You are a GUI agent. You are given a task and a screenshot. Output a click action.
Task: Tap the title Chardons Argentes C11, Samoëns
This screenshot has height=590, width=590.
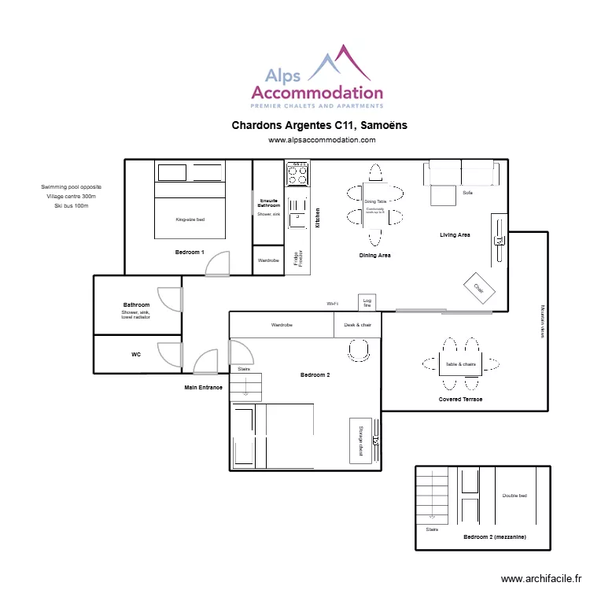click(319, 125)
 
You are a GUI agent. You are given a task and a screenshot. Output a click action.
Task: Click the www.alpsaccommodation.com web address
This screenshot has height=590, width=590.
click(322, 140)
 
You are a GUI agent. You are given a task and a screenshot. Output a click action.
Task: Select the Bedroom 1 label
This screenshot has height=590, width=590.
click(190, 253)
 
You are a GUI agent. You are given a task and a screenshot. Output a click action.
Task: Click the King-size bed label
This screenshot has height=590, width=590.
click(190, 219)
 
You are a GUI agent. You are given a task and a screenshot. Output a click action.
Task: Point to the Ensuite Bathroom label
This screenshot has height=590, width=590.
click(268, 203)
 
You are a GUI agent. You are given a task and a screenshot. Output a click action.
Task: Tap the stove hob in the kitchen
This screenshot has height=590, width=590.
click(297, 172)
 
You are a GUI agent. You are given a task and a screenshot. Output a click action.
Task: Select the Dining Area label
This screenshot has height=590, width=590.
click(375, 256)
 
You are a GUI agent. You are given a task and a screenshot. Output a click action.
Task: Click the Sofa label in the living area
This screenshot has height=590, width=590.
click(467, 193)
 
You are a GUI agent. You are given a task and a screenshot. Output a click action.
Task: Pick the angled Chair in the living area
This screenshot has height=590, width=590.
click(478, 289)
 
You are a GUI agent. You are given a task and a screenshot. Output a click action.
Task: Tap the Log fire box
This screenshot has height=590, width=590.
click(367, 302)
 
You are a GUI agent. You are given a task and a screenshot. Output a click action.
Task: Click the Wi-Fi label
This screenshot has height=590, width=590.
click(333, 304)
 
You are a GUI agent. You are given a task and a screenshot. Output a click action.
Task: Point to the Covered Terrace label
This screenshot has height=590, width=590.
click(460, 400)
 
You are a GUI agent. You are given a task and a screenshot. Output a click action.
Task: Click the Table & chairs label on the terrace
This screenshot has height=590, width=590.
click(461, 364)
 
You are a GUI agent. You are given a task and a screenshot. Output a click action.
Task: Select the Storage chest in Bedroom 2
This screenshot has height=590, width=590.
click(360, 440)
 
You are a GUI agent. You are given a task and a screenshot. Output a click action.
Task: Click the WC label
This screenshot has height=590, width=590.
click(136, 355)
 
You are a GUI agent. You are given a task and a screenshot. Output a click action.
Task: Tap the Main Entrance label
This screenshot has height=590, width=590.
click(204, 388)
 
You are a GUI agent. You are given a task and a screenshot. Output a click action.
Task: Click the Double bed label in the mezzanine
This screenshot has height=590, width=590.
click(514, 496)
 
